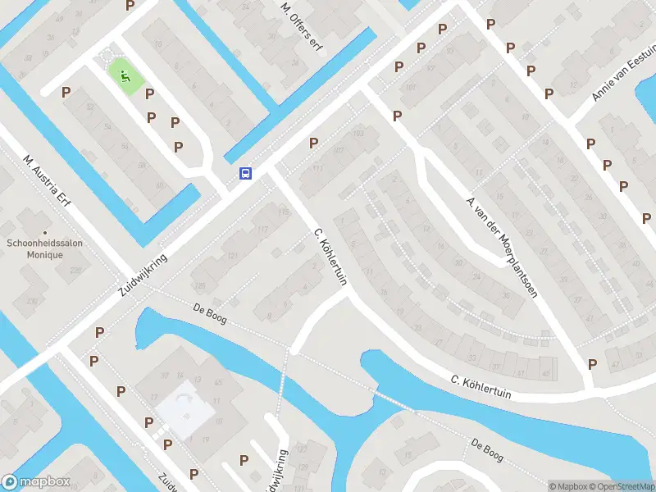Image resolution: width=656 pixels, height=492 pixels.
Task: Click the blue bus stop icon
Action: pos(245,173)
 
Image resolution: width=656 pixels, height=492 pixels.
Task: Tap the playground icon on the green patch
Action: pos(125,77)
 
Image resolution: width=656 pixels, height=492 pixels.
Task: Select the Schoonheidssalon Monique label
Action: pos(45,248)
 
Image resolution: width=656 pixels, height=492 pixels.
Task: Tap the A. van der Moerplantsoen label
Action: pos(501,247)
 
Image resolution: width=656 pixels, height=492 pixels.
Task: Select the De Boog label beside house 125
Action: pos(209,313)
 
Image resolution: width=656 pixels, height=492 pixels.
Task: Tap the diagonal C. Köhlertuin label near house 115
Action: pos(330,257)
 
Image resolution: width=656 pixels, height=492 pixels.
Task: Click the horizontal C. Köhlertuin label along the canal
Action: pos(481,387)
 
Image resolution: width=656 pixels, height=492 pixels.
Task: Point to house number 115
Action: pos(284,213)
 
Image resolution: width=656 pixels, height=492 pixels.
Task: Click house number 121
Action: pos(232,257)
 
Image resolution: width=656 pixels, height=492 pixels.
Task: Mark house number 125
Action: pos(200,285)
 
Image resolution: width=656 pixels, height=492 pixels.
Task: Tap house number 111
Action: pos(317,168)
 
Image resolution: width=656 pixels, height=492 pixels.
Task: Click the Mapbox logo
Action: pos(35,482)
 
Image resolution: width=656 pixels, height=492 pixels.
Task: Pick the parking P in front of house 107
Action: pos(313,143)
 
